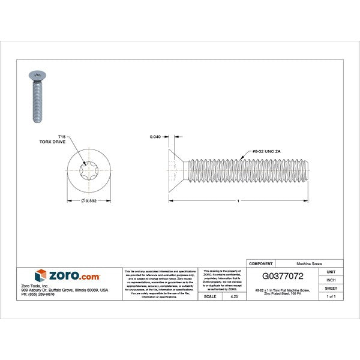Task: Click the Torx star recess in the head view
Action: pos(88,171)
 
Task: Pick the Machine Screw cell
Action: pos(308,263)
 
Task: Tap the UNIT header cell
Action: pos(331,272)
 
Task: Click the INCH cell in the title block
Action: pos(331,280)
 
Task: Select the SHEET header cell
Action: pos(331,288)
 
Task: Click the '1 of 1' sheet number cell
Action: pos(331,296)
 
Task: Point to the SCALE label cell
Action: pos(211,296)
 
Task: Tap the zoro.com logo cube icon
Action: pos(41,277)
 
